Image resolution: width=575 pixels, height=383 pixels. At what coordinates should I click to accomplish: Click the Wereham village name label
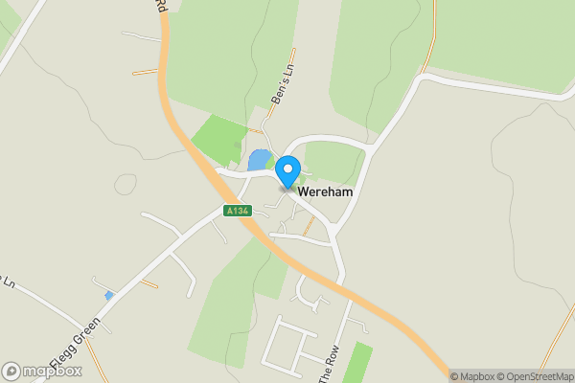[x=326, y=192]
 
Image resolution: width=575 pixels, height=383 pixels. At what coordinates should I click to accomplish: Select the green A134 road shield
[x=237, y=211]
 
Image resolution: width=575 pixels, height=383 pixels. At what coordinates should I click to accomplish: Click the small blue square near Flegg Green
[x=109, y=296]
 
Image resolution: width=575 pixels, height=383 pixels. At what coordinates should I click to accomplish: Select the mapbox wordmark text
[x=54, y=371]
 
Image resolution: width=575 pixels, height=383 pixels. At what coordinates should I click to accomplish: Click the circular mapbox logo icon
[x=11, y=371]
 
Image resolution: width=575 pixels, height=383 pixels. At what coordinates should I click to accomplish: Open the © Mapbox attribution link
[x=473, y=376]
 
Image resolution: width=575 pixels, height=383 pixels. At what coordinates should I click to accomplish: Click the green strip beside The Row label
[x=357, y=364]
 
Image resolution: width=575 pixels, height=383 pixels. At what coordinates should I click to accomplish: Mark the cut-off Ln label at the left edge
[x=8, y=282]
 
